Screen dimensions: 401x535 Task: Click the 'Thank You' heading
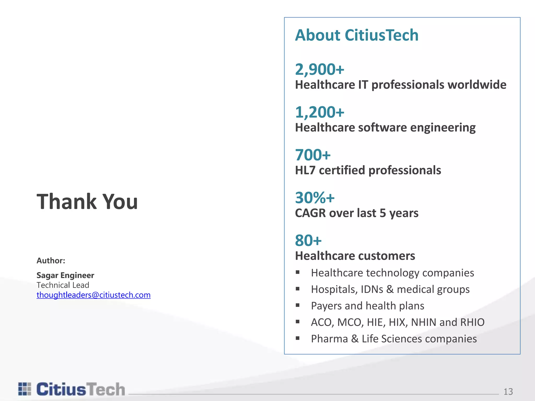(87, 202)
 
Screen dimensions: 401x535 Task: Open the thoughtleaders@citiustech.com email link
(94, 295)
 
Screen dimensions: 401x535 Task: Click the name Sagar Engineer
(65, 275)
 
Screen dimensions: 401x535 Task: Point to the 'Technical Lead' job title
(63, 285)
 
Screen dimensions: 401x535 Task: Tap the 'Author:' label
(51, 261)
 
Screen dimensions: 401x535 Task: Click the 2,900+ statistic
(319, 69)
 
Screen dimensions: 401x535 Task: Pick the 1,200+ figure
(319, 112)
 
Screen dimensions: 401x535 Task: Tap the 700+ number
(313, 155)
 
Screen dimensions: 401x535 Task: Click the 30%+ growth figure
(315, 198)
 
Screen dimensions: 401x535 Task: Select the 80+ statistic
(308, 240)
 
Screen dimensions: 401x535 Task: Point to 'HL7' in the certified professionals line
(305, 170)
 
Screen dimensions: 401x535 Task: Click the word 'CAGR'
(310, 213)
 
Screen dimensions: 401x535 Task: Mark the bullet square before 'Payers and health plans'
(298, 305)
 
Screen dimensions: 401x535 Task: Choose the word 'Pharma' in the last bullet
(329, 339)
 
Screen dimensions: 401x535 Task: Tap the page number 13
(508, 392)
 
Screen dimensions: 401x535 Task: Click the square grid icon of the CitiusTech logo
(25, 389)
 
